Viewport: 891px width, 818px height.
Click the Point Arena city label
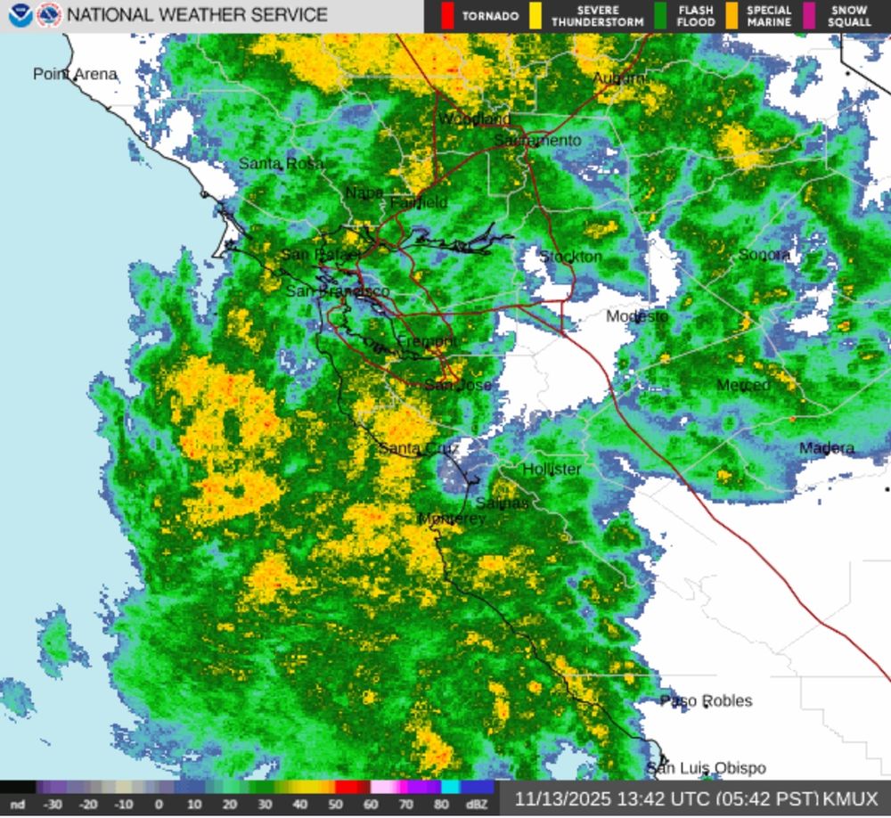point(75,74)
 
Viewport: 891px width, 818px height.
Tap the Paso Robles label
point(706,700)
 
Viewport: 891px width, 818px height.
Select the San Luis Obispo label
point(706,768)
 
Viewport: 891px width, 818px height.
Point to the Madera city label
point(826,448)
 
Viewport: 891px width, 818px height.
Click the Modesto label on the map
point(637,316)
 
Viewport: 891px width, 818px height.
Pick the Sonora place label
point(764,255)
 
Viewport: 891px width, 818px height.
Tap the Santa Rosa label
point(281,164)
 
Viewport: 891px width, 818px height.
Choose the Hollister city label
point(552,469)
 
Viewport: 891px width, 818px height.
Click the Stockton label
point(571,257)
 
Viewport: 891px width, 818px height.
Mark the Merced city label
point(743,385)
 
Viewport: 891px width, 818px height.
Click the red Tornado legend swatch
point(447,16)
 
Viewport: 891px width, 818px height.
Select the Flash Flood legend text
point(695,16)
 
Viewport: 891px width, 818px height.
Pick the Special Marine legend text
point(768,16)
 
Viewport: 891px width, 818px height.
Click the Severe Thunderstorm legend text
point(597,16)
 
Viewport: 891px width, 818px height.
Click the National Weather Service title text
point(197,15)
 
